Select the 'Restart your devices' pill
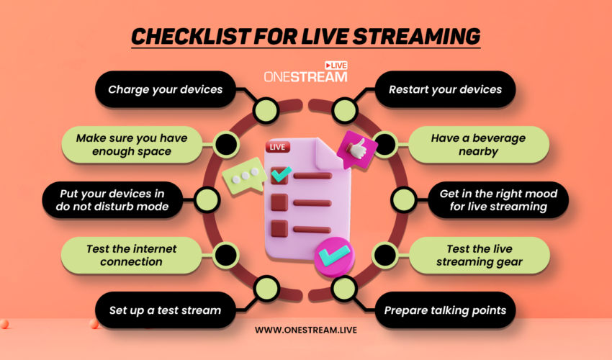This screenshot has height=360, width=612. [x=445, y=90]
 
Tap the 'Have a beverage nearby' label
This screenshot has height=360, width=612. [x=478, y=144]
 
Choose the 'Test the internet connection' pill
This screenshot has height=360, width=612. [x=131, y=255]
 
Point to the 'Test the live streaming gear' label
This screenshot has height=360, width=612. [x=478, y=255]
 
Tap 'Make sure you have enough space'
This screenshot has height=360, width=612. [x=131, y=144]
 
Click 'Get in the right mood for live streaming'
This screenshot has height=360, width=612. [x=494, y=200]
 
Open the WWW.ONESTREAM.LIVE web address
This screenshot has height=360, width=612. [x=306, y=330]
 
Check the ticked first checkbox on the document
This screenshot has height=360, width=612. [x=279, y=175]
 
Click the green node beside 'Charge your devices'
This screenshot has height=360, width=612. [x=266, y=110]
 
